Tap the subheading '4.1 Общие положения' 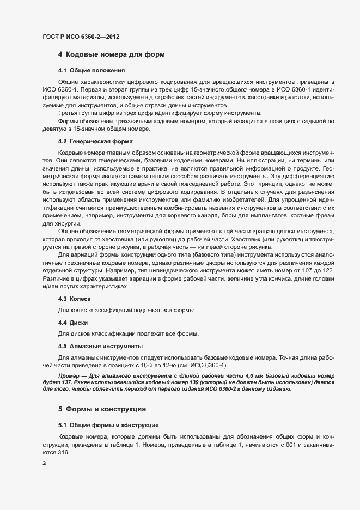pos(91,70)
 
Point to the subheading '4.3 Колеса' pos(74,299)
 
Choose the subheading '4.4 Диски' pos(73,323)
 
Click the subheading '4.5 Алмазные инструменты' pos(100,346)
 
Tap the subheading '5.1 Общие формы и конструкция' pos(108,424)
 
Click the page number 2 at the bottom pos(44,463)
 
